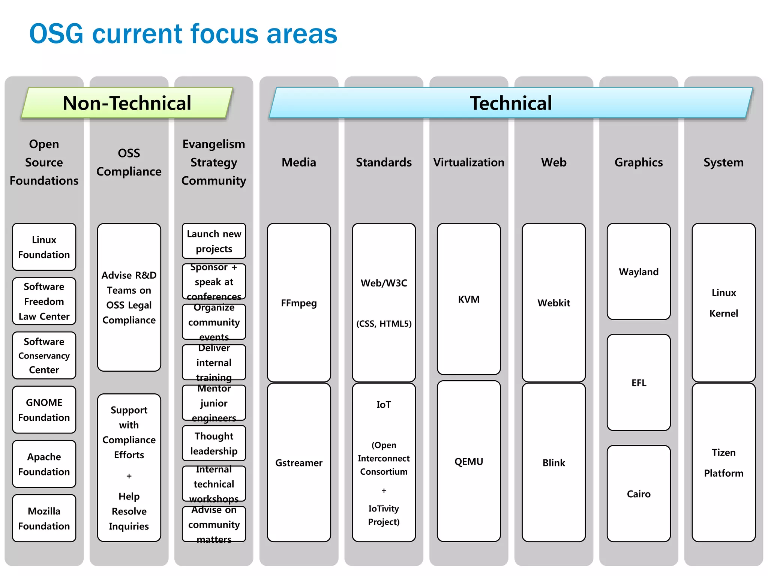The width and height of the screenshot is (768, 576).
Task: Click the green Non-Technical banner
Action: tap(127, 103)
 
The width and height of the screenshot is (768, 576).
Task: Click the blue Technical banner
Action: tap(511, 103)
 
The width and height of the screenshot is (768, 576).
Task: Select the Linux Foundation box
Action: tap(44, 247)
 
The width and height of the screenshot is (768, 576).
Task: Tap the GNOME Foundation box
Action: tap(44, 410)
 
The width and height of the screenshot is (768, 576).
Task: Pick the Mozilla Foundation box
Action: tap(44, 518)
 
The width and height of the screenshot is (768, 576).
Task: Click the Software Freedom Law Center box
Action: tap(44, 301)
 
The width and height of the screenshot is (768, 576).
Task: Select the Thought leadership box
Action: tap(214, 443)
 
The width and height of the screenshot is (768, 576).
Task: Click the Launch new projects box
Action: tap(214, 241)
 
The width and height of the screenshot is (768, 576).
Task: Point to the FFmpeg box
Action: tap(299, 303)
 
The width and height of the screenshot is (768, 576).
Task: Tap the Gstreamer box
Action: tap(299, 463)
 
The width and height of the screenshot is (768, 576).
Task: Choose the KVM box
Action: tap(469, 299)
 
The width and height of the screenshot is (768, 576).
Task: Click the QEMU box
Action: tap(469, 462)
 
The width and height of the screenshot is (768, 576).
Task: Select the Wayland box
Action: tap(639, 272)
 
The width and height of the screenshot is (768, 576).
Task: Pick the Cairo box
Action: tap(639, 494)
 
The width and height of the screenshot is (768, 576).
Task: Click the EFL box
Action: tap(639, 383)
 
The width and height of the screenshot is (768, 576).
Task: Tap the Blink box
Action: tap(553, 463)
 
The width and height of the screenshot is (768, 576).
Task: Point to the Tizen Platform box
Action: tap(723, 463)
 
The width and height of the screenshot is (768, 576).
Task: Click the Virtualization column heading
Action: tap(469, 162)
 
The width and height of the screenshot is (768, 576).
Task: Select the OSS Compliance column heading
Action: tap(129, 162)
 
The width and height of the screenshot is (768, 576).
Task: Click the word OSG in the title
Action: tap(56, 34)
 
